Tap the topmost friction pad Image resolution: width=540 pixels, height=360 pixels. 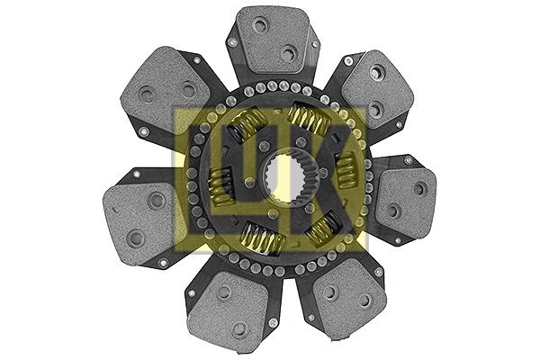(x=274, y=40)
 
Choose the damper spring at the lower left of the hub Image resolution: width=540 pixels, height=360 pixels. (x=261, y=239)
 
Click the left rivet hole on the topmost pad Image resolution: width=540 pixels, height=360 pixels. (x=260, y=25)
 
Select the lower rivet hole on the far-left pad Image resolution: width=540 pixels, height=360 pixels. (x=136, y=238)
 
